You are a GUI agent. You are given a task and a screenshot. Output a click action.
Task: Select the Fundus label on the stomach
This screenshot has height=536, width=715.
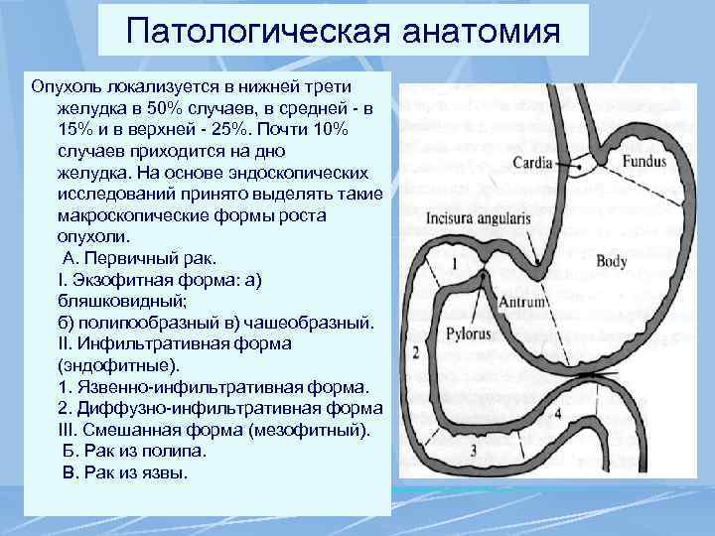(x=644, y=160)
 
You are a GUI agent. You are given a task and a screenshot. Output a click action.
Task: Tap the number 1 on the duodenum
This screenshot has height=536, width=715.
(x=454, y=264)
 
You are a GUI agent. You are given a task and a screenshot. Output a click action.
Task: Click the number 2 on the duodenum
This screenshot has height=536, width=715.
(x=415, y=351)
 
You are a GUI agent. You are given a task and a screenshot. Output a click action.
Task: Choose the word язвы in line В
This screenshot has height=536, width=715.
(x=167, y=473)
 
